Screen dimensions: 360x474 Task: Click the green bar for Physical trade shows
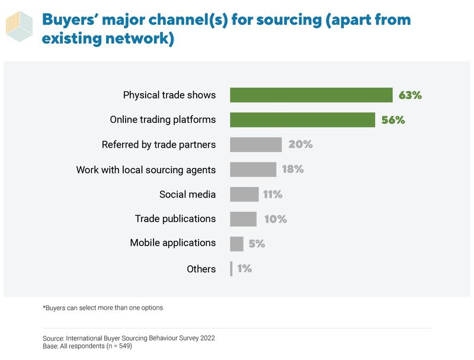coord(311,95)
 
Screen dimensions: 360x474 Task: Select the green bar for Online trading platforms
coord(302,120)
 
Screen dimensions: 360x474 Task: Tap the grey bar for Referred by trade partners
coord(255,145)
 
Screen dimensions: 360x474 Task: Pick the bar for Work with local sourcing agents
coord(253,170)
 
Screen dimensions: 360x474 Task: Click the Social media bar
coord(244,195)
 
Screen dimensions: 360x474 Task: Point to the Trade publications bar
coord(243,219)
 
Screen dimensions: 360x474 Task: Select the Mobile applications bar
coord(236,243)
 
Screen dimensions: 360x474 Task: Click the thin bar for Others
coord(231,269)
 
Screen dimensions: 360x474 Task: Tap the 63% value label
coord(410,95)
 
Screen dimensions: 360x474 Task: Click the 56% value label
coord(393,120)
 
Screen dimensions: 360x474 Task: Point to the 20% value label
coord(300,145)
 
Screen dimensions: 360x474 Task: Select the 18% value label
coord(293,170)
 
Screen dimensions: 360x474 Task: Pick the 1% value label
coord(244,269)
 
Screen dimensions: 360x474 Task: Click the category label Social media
coord(187,195)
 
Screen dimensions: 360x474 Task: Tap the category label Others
coord(201,269)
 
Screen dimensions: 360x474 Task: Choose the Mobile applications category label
coord(172,243)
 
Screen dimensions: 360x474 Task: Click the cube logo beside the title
coord(20,27)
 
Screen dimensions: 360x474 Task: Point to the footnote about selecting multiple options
coord(103,308)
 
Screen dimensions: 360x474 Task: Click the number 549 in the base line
coord(122,346)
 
